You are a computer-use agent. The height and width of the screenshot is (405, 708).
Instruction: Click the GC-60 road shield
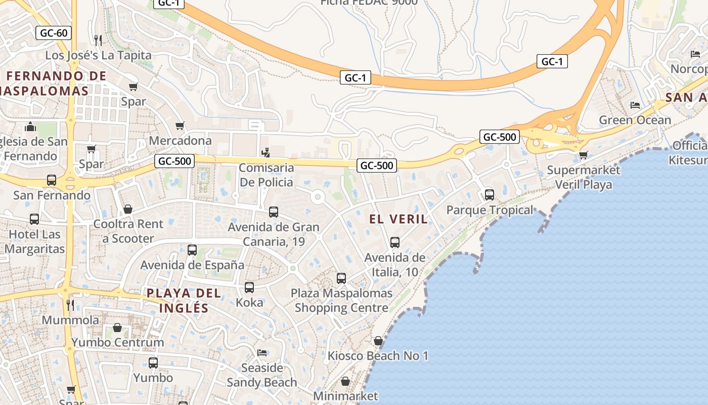point(54,33)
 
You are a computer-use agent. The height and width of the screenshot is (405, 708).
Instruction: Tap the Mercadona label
point(181,140)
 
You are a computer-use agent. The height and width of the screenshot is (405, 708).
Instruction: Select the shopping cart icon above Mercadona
point(180,126)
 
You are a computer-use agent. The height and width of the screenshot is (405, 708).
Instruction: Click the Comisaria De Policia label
point(266,175)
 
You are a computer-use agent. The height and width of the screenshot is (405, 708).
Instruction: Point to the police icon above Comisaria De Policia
point(265,152)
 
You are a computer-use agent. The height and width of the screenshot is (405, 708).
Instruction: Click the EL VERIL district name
point(399,219)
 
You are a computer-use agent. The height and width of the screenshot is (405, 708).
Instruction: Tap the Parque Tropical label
point(490,210)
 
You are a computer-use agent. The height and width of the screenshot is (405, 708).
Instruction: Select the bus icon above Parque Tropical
point(489,194)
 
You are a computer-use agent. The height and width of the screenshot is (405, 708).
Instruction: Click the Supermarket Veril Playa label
point(584,177)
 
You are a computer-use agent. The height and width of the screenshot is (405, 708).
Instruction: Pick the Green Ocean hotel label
point(635,120)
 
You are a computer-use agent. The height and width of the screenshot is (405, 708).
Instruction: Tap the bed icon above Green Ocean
point(635,105)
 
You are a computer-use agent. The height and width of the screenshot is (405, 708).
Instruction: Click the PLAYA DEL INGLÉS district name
point(184,300)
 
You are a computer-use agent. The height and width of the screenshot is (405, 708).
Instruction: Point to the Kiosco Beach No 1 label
point(378,355)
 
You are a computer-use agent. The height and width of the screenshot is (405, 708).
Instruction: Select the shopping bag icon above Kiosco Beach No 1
point(378,341)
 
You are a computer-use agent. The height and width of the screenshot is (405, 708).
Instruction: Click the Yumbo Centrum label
point(118,342)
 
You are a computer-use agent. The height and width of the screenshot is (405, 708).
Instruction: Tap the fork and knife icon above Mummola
point(70,305)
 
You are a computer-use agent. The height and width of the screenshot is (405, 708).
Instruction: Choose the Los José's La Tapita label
point(99,55)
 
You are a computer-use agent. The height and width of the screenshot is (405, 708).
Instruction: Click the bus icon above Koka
point(249,287)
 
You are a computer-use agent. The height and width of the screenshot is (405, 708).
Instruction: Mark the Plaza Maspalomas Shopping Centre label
point(341,300)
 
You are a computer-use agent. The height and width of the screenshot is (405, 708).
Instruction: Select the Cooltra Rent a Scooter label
point(128,231)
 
